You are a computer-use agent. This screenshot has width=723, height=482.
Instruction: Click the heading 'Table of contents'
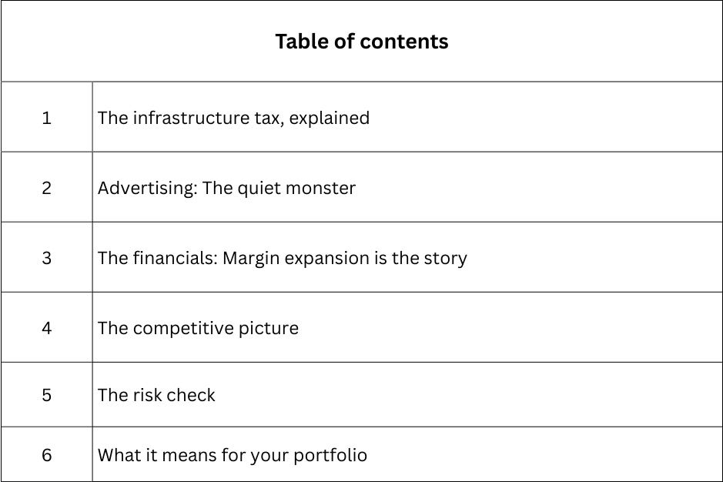(361, 41)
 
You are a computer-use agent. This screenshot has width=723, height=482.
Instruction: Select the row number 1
(47, 118)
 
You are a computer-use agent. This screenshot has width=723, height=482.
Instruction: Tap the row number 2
(47, 188)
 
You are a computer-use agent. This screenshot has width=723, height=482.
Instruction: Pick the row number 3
(47, 258)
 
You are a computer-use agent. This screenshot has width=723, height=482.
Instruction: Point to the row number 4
(47, 328)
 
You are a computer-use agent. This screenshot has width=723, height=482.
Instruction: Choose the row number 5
(47, 395)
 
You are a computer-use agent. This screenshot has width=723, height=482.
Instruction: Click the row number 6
(47, 455)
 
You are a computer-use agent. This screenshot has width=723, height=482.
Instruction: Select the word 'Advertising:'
(147, 188)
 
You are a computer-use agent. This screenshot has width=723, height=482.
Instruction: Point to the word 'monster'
(321, 188)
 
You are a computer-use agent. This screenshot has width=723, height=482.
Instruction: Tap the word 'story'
(445, 259)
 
